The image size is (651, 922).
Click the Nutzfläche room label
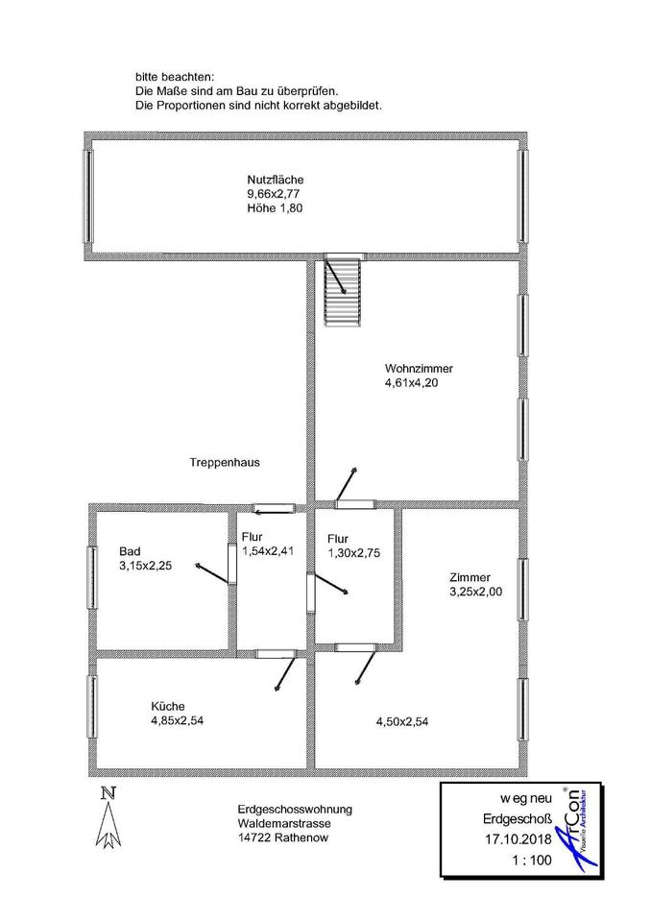pyautogui.click(x=276, y=180)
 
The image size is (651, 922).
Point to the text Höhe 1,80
pyautogui.click(x=275, y=208)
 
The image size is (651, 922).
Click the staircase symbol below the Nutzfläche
pyautogui.click(x=342, y=291)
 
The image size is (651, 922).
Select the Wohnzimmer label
pyautogui.click(x=419, y=369)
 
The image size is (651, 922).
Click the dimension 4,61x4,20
pyautogui.click(x=413, y=383)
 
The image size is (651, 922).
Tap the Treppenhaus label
pyautogui.click(x=225, y=462)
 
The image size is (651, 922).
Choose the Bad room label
pyautogui.click(x=130, y=551)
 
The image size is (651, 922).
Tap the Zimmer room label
pyautogui.click(x=470, y=577)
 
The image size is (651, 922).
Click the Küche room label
pyautogui.click(x=167, y=704)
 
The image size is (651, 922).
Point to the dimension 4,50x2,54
pyautogui.click(x=401, y=722)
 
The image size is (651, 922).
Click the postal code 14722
pyautogui.click(x=253, y=837)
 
